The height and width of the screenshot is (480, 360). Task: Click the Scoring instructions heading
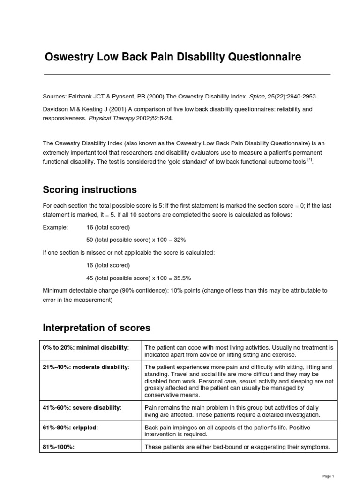90,190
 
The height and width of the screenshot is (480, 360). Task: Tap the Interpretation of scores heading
97,327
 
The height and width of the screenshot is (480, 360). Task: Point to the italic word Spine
257,97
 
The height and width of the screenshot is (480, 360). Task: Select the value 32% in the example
179,240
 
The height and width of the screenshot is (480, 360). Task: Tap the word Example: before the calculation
55,227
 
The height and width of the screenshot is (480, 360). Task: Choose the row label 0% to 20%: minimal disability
85,347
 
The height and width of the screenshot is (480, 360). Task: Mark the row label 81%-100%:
59,447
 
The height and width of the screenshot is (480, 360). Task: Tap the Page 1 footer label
329,476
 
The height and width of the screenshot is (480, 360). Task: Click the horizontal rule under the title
187,75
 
